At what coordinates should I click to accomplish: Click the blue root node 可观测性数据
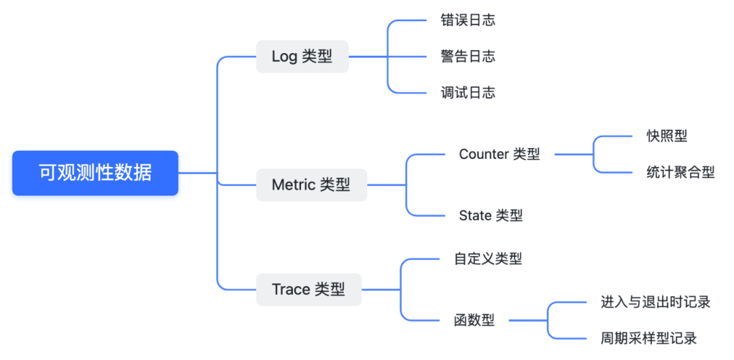coord(95,173)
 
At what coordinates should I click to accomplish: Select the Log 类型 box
coord(302,56)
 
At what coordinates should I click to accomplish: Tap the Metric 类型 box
coord(311,185)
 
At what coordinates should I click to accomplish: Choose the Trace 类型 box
coord(309,289)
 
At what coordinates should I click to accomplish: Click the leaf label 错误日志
coord(468,20)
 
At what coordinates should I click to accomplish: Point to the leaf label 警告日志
coord(468,56)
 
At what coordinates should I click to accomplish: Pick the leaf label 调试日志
coord(468,93)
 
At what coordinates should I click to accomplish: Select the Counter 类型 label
coord(500,154)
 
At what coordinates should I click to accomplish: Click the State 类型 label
coord(491,216)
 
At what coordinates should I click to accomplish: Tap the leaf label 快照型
coord(667,136)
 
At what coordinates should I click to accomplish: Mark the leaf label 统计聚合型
coord(680,173)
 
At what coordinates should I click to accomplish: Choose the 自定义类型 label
coord(488,259)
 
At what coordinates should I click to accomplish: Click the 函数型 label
coord(474,320)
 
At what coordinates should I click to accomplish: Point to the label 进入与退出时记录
coord(655,302)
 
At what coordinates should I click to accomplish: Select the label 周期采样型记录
coord(648,338)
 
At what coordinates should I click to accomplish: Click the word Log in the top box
coord(284,56)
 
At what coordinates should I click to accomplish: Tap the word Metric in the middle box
coord(294,185)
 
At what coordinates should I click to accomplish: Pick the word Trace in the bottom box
coord(291,289)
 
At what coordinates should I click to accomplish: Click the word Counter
coord(483,154)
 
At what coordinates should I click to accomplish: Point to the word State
coord(475,216)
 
